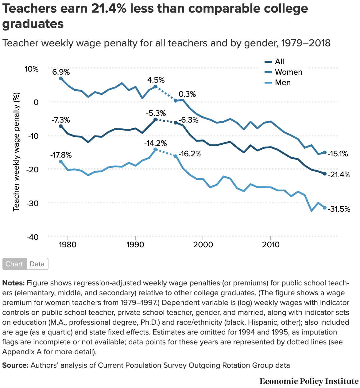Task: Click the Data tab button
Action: click(37, 264)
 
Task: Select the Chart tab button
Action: click(14, 264)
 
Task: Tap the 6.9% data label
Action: click(61, 72)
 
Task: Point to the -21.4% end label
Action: click(339, 175)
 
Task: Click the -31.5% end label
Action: click(339, 209)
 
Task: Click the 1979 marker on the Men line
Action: click(61, 162)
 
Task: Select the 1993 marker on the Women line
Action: click(155, 87)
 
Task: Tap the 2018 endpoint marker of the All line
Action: click(325, 174)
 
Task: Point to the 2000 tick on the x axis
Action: click(203, 245)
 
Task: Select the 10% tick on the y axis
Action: click(32, 69)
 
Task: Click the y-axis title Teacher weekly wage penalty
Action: click(17, 152)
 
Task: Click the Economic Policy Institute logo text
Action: click(309, 381)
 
